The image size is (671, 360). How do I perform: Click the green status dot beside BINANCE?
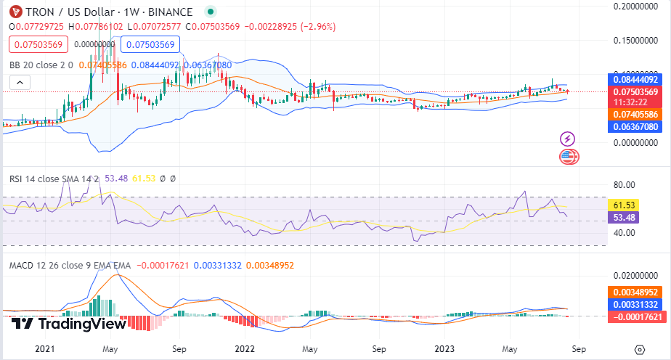pos(211,12)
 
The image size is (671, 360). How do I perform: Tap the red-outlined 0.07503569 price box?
pos(38,44)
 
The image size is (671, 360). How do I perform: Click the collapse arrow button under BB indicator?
pos(20,82)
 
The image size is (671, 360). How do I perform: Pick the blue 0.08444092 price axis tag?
pos(636,79)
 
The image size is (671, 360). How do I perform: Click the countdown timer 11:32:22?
pos(636,102)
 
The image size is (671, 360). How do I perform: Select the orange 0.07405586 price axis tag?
pos(636,114)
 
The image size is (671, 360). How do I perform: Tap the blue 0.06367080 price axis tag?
pos(636,126)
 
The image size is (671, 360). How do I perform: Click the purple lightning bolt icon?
pos(569,139)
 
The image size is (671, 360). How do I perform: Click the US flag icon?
pos(569,155)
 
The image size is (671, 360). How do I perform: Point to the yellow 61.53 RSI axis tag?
pos(627,206)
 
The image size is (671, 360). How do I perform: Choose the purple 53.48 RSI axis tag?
pos(627,218)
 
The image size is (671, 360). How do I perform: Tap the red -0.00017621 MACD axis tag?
pos(636,316)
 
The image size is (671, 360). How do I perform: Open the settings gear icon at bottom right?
pos(640,349)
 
